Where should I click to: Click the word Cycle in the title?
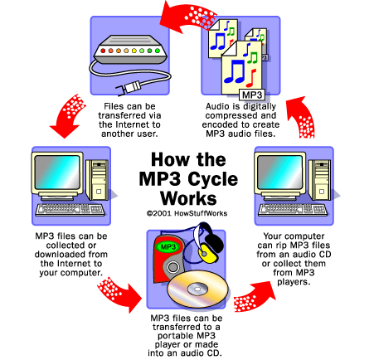pyautogui.click(x=213, y=179)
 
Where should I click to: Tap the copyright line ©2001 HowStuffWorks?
pyautogui.click(x=187, y=213)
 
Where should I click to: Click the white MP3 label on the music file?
pyautogui.click(x=251, y=95)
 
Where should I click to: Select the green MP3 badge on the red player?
pyautogui.click(x=168, y=246)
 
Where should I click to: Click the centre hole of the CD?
pyautogui.click(x=198, y=289)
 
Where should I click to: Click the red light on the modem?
pyautogui.click(x=103, y=51)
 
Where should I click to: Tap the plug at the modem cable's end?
pyautogui.click(x=129, y=88)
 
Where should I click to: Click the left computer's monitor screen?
pyautogui.click(x=57, y=172)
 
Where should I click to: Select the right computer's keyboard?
pyautogui.click(x=293, y=210)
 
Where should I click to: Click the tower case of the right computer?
pyautogui.click(x=319, y=180)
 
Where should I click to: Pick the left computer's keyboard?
pyautogui.click(x=70, y=210)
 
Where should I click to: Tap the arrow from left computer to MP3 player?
pyautogui.click(x=119, y=294)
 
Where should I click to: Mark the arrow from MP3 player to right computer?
pyautogui.click(x=255, y=297)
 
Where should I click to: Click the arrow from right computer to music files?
pyautogui.click(x=302, y=118)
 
